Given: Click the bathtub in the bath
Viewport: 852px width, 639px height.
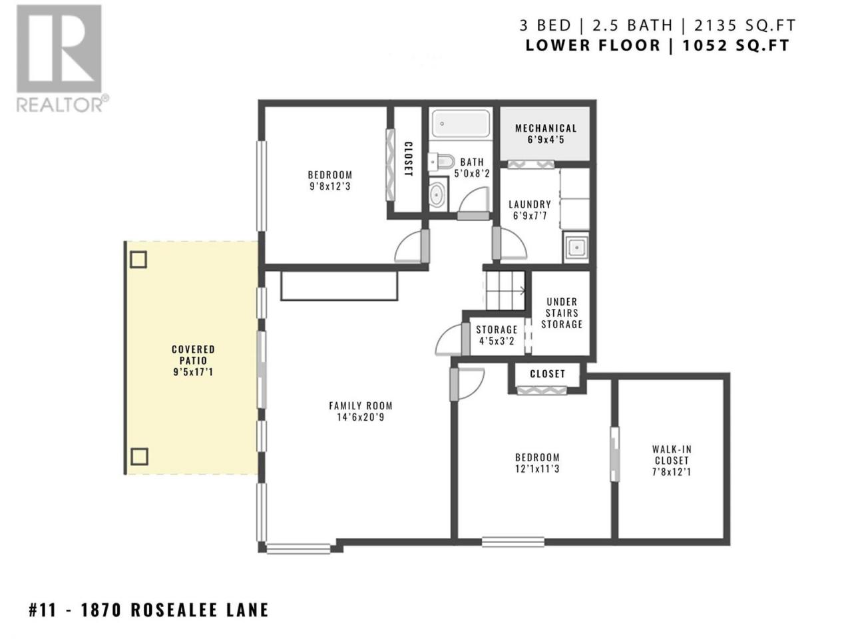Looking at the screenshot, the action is (x=461, y=122).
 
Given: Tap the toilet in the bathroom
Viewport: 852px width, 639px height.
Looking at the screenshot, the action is (x=441, y=161).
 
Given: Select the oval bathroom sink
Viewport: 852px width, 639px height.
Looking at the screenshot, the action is (x=437, y=193).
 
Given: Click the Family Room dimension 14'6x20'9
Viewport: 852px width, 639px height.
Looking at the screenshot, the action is (x=361, y=417).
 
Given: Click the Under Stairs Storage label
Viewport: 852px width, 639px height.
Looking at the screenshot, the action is (x=562, y=313).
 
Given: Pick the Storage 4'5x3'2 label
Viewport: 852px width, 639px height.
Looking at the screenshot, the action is (x=497, y=335).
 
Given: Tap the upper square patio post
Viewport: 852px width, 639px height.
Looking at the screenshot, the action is (x=138, y=260).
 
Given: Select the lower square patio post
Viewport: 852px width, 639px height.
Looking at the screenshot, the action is (x=139, y=457).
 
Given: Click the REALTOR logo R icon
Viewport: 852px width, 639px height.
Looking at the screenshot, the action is (x=59, y=49).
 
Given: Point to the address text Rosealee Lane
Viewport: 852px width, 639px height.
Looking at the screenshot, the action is (x=200, y=610).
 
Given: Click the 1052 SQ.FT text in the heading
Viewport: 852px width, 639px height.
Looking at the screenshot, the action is (x=736, y=45).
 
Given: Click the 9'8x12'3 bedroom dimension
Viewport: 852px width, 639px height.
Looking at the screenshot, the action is (x=329, y=186).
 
